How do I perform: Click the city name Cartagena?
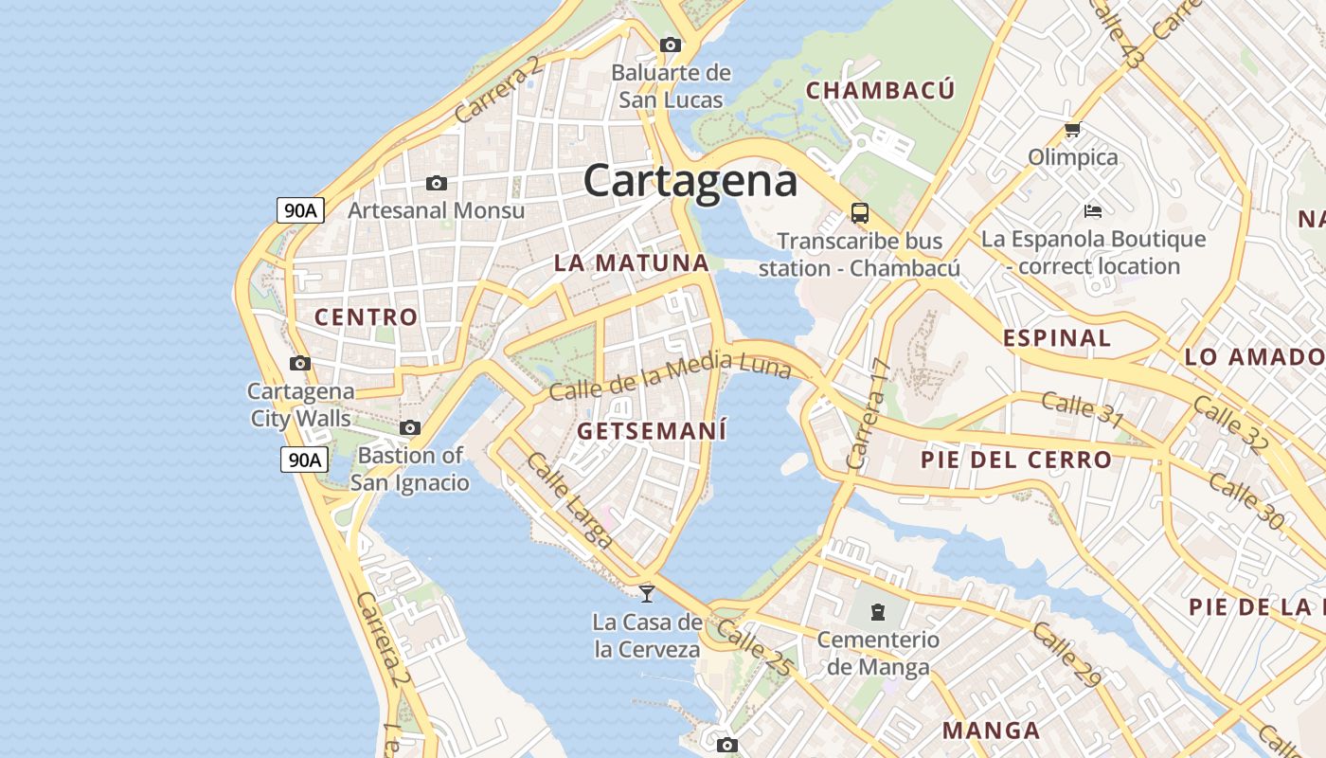[x=690, y=181]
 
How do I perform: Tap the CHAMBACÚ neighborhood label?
[x=881, y=91]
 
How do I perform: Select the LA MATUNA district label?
[x=632, y=263]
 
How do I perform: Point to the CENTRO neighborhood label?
[x=367, y=317]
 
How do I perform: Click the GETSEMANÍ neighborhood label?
[x=652, y=432]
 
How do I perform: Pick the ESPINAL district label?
[x=1057, y=338]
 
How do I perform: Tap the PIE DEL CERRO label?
[x=1016, y=460]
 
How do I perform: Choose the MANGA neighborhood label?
[x=992, y=731]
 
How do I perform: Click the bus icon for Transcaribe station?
[x=860, y=213]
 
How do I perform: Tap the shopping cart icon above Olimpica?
[x=1072, y=130]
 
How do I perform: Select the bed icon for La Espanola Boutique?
[x=1093, y=210]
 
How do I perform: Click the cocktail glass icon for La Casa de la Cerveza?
[x=647, y=593]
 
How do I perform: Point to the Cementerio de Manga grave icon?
[x=878, y=611]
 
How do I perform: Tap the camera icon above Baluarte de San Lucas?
[x=671, y=45]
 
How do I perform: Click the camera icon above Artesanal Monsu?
[x=437, y=183]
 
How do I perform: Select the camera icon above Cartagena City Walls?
[x=300, y=363]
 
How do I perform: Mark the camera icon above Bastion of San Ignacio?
[x=410, y=427]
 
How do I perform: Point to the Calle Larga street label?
[x=568, y=500]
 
